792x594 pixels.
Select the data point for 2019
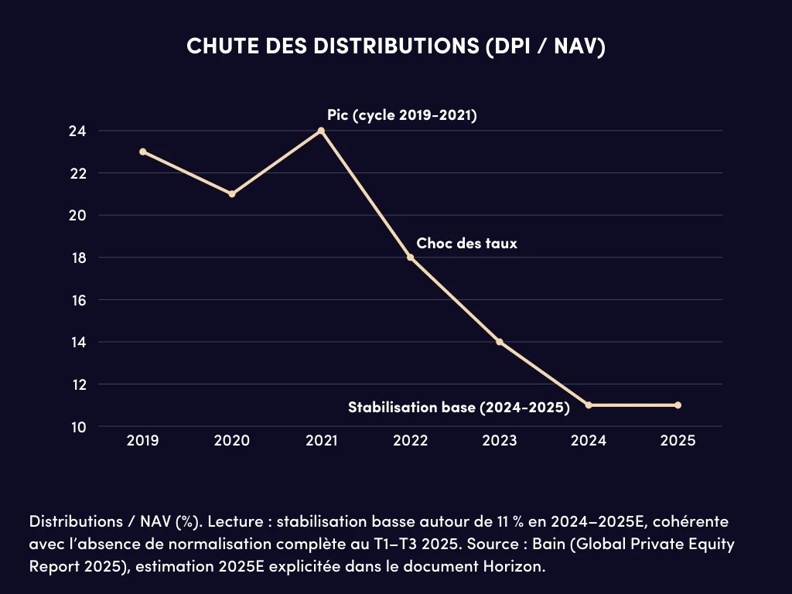[143, 152]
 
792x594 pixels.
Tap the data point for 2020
[232, 194]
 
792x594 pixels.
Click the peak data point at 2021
[321, 131]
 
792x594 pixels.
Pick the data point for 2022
[411, 258]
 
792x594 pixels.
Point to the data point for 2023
[500, 342]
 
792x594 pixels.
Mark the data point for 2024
[589, 405]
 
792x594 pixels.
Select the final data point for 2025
[678, 405]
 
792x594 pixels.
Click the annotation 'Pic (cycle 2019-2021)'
[401, 116]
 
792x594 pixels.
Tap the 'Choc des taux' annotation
[466, 243]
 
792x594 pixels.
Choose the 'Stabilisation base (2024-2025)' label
[459, 407]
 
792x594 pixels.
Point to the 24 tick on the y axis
[77, 131]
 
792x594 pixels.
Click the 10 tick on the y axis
[77, 426]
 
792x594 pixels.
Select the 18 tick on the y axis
[77, 258]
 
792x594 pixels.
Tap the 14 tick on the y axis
[77, 342]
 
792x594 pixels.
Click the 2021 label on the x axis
[321, 441]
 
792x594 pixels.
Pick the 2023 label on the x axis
[500, 441]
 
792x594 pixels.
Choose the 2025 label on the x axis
[678, 441]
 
